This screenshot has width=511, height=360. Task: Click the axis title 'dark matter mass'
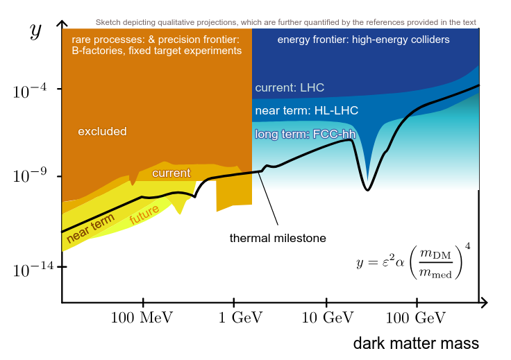pyautogui.click(x=416, y=343)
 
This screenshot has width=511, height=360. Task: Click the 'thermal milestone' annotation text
pyautogui.click(x=278, y=238)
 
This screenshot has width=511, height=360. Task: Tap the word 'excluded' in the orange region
pyautogui.click(x=102, y=131)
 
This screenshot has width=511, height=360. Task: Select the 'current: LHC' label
pyautogui.click(x=290, y=88)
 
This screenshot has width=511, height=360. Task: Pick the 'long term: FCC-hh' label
pyautogui.click(x=301, y=134)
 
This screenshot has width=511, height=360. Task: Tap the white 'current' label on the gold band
pyautogui.click(x=171, y=173)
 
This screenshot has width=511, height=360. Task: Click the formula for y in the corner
pyautogui.click(x=413, y=261)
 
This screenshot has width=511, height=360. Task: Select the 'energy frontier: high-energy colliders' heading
pyautogui.click(x=363, y=40)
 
